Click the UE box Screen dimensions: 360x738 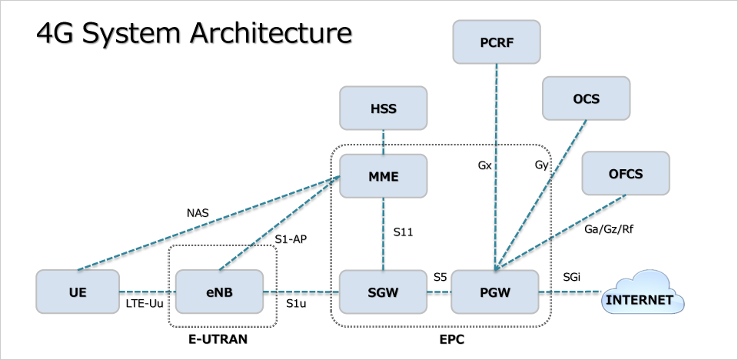point(78,292)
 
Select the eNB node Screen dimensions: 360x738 point(219,292)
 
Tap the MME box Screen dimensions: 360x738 point(383,176)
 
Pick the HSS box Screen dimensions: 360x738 point(383,108)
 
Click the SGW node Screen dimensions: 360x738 point(383,292)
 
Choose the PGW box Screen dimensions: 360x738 point(496,292)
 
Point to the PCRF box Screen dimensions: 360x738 point(496,42)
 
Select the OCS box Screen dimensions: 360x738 point(586,98)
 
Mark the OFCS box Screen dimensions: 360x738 point(625,173)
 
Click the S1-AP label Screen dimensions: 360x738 point(291,239)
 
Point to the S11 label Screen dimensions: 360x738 point(403,230)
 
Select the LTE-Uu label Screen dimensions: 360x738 point(144,305)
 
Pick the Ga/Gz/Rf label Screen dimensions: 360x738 point(610,228)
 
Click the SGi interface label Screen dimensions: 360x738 point(573,276)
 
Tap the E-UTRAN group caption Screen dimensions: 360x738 point(218,338)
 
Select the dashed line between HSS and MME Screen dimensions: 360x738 point(383,142)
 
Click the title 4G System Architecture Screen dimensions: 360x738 point(194,33)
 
